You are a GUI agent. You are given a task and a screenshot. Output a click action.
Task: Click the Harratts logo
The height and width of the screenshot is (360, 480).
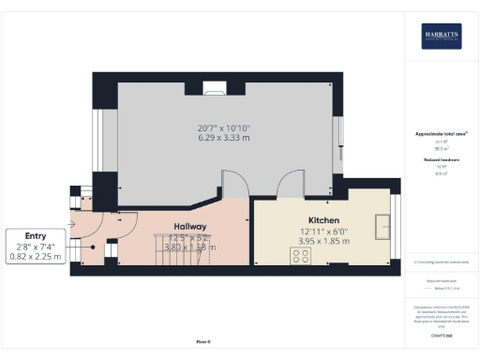(x=440, y=36)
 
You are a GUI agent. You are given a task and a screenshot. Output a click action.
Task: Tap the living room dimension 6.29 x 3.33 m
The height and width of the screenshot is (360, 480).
(x=223, y=139)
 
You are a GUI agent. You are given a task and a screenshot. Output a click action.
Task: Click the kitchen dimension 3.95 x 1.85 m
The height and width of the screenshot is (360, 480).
(x=323, y=241)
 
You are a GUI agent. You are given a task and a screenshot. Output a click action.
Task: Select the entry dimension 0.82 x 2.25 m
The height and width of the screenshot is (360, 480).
(x=36, y=256)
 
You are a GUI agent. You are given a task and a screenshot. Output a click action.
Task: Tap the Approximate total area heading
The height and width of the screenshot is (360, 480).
(x=441, y=134)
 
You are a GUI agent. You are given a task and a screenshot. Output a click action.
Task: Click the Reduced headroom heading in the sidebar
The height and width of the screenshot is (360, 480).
(x=441, y=161)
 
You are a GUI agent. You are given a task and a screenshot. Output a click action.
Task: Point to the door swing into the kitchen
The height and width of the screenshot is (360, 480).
(x=290, y=187)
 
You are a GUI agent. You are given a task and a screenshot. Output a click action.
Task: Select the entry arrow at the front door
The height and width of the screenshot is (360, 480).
(x=72, y=226)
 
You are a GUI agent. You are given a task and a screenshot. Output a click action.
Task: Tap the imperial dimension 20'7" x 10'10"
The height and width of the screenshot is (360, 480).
(x=223, y=127)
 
